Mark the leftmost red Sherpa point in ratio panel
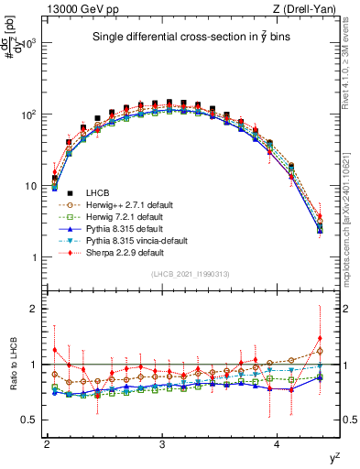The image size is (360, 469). [55, 349]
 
